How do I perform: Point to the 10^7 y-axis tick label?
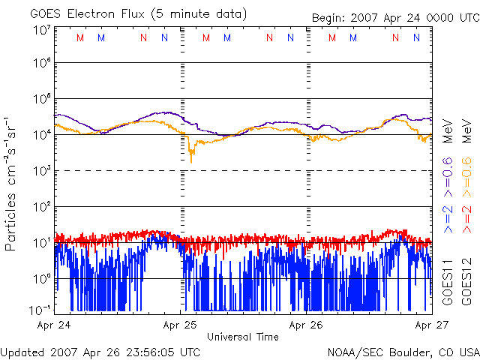pos(41,31)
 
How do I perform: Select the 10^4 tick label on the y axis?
pos(41,134)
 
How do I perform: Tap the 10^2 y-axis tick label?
pos(41,206)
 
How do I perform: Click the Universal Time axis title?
pos(243,337)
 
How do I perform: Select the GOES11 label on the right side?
pos(447,280)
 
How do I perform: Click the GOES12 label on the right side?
pos(466,280)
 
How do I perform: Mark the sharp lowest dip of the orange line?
pos(191,161)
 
